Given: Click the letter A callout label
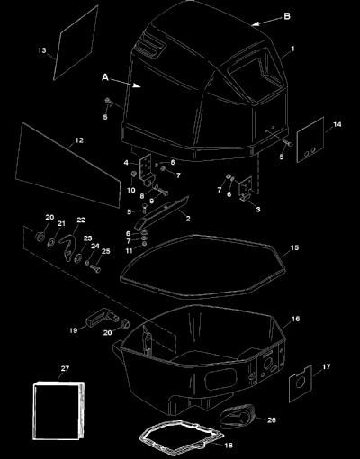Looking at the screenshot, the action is click(x=105, y=77).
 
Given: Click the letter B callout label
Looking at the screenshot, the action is click(x=287, y=16).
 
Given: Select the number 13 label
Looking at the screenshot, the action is click(x=42, y=50).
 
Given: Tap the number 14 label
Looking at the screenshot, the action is click(x=337, y=124).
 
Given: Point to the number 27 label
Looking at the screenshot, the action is click(x=65, y=368).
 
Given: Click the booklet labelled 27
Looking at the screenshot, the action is click(x=58, y=410).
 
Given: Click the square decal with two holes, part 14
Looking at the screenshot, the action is click(x=310, y=139).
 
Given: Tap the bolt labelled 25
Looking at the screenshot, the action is click(x=94, y=267).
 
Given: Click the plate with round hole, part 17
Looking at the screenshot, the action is click(x=301, y=383).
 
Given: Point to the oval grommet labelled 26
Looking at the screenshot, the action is click(x=237, y=416).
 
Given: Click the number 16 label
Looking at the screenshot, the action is click(x=295, y=319).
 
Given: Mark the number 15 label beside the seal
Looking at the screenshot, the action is click(x=294, y=247).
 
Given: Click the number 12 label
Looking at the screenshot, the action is click(x=79, y=140).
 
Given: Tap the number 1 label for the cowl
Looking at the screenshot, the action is click(x=292, y=49).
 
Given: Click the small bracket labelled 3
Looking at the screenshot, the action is click(x=246, y=189).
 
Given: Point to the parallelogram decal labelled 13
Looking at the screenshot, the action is click(x=76, y=42).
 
